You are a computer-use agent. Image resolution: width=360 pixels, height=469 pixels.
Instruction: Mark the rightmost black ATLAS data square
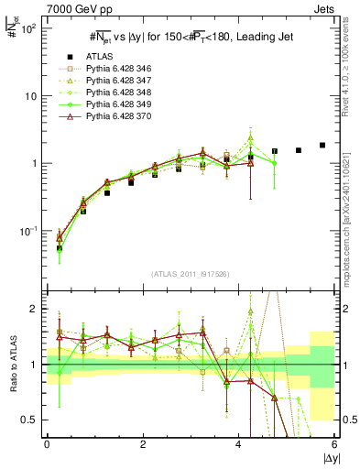pos(322,145)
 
